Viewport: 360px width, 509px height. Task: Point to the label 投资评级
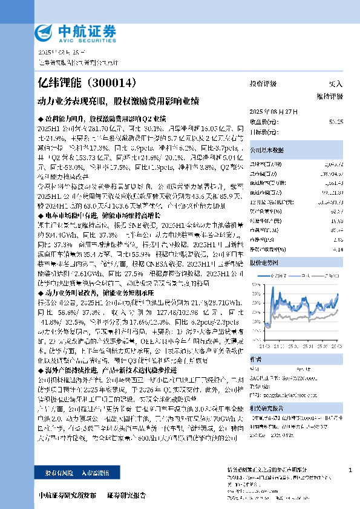click(x=263, y=83)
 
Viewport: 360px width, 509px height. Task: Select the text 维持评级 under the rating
click(x=329, y=96)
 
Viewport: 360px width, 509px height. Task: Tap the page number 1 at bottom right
click(x=350, y=470)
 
